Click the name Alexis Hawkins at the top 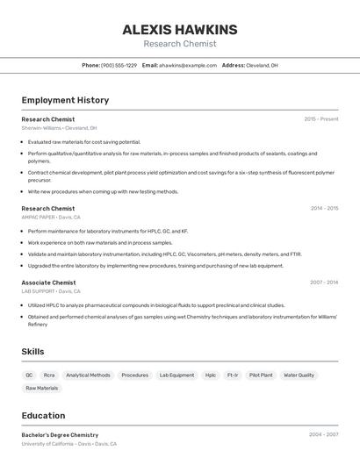point(179,30)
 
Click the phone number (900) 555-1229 point(119,65)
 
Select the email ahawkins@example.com point(188,65)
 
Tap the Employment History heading point(65,100)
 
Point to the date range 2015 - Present point(320,118)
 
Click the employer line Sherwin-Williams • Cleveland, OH point(59,127)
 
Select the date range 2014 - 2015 point(323,208)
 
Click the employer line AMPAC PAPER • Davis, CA point(51,217)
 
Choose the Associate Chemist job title point(48,283)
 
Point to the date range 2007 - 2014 point(323,283)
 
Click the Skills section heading point(32,351)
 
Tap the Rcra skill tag point(49,375)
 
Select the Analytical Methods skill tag point(88,375)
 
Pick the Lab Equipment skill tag point(176,375)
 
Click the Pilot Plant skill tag point(261,375)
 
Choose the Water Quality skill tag point(299,375)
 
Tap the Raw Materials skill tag point(41,388)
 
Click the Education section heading point(43,415)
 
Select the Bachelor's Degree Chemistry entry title point(60,434)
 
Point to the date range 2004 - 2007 point(323,434)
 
